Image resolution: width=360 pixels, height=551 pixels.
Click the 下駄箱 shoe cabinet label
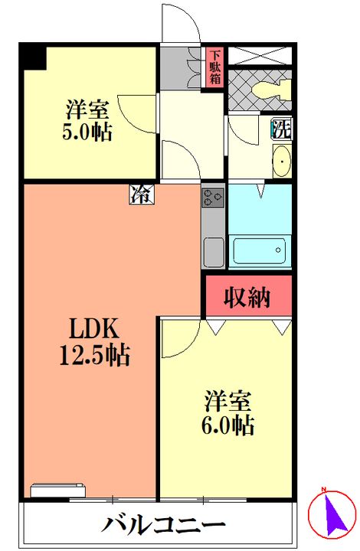[215, 67]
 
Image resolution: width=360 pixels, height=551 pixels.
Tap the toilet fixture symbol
[272, 90]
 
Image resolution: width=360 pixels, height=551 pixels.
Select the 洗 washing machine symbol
[282, 129]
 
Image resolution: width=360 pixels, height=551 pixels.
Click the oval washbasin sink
[282, 161]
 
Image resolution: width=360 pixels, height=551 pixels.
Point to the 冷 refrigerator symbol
[142, 194]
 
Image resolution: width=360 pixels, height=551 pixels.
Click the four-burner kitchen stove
[213, 197]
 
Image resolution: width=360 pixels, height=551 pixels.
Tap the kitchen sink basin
[214, 253]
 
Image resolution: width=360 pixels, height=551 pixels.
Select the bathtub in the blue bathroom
[260, 250]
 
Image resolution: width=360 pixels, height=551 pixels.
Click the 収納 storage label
[247, 298]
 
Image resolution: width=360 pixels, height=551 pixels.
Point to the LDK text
[93, 330]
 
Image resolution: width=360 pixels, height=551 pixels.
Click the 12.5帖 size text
[95, 355]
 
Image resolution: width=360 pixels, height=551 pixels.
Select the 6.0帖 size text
[227, 425]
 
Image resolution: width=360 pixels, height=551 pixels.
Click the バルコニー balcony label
[164, 525]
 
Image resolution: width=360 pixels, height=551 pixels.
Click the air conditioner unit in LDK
[58, 491]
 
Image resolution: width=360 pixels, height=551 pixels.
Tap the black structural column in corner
[33, 56]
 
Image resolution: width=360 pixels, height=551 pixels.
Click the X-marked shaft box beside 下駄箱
[260, 55]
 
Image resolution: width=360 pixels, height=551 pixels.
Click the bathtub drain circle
[278, 250]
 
